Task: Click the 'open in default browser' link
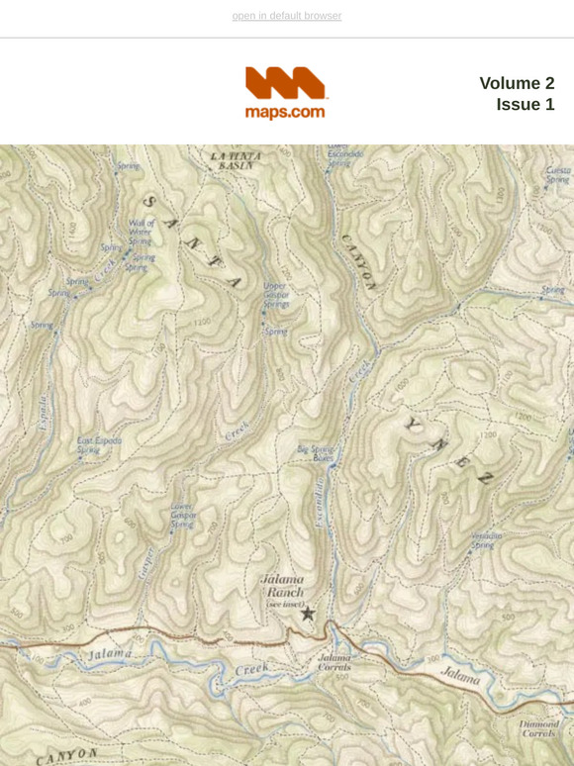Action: point(287,16)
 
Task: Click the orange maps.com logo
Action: point(286,93)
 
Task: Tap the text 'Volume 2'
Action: point(517,83)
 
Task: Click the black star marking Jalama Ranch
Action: point(308,615)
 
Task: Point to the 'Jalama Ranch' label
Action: point(283,586)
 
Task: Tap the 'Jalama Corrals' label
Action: point(335,662)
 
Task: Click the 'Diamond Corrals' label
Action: point(538,728)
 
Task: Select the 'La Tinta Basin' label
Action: point(236,160)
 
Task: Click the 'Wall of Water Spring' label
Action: point(141,232)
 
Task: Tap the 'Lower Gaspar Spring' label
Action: point(182,516)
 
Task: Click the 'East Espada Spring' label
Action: point(99,445)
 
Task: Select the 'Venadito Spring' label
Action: point(486,540)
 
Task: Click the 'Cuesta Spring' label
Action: point(557,174)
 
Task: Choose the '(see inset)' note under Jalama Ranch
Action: point(285,604)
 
